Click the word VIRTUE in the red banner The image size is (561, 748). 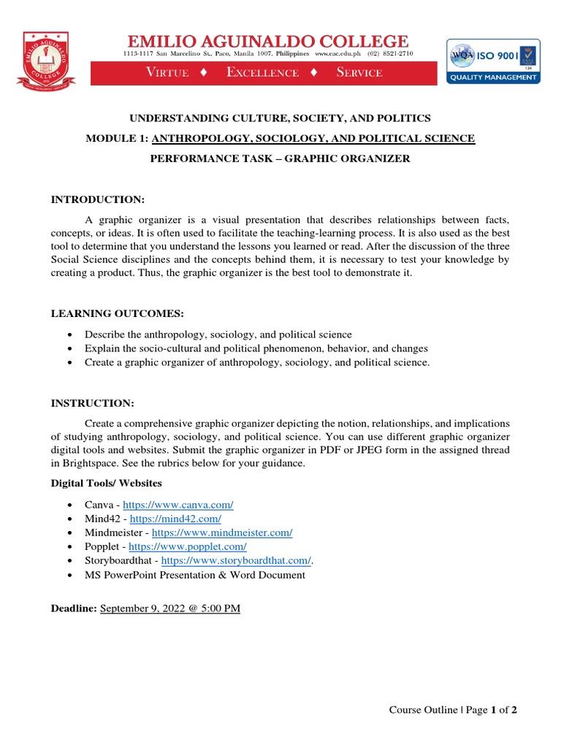[167, 72]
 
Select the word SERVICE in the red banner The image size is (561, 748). [359, 72]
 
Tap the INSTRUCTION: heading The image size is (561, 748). [92, 403]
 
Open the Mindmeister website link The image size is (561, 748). [222, 533]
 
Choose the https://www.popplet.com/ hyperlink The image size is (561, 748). [188, 547]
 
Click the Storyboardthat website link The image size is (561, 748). [236, 561]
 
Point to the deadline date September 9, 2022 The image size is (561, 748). [169, 608]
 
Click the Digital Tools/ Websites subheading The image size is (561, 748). [106, 484]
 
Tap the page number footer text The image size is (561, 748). [453, 709]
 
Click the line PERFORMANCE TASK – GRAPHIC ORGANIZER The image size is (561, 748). [270, 159]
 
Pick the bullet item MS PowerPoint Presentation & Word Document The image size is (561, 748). [194, 575]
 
